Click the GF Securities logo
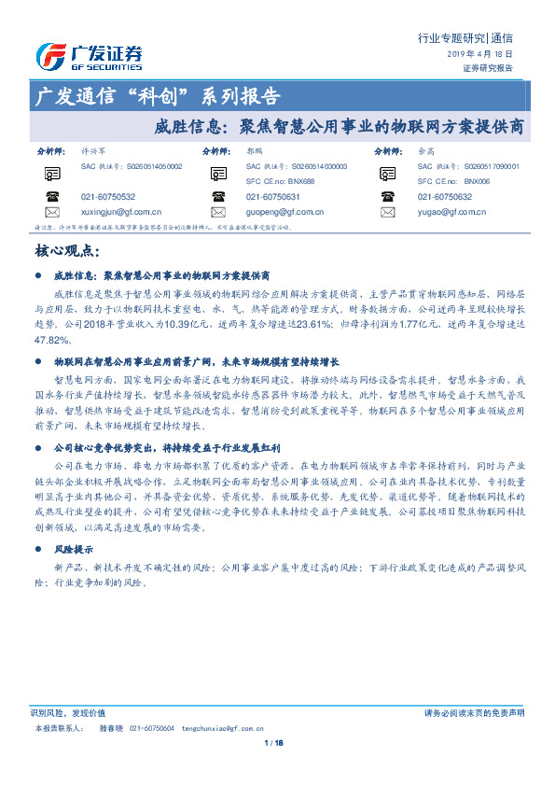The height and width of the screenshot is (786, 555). [89, 57]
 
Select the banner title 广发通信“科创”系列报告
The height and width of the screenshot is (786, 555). [156, 97]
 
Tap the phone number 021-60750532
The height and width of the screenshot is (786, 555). [108, 197]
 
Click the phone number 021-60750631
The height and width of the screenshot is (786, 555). [273, 197]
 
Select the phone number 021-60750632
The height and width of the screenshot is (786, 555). [445, 197]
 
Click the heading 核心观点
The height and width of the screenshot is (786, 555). [66, 251]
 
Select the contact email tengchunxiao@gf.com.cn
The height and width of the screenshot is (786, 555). [224, 727]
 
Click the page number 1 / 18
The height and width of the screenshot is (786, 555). [274, 743]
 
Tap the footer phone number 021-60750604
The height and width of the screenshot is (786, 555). [151, 727]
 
